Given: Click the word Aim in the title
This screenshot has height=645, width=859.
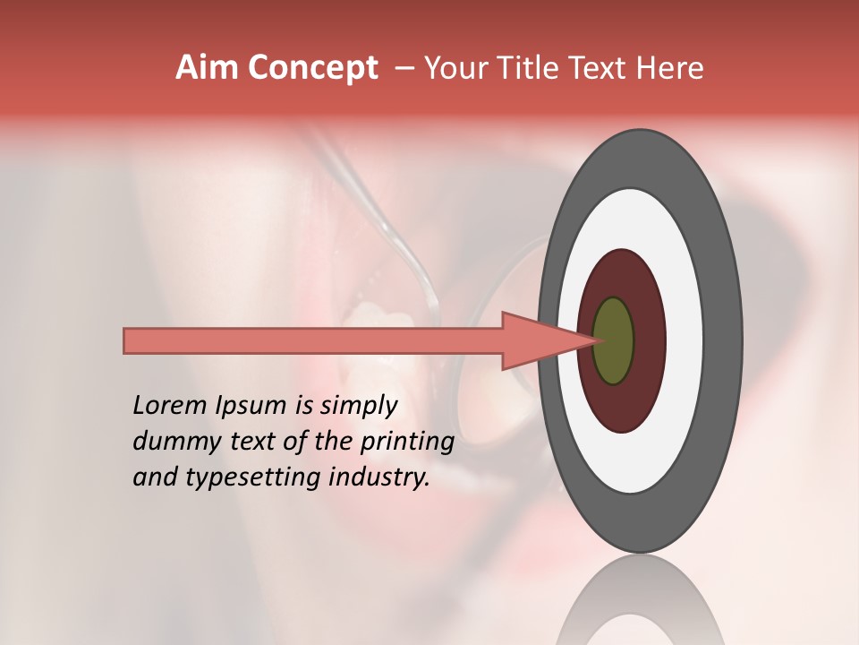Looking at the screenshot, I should point(208,68).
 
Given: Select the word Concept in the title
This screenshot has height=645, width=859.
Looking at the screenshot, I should point(312,68).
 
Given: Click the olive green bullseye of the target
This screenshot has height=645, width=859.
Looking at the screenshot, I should point(613,341).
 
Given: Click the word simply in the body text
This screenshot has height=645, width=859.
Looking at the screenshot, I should point(358,406).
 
